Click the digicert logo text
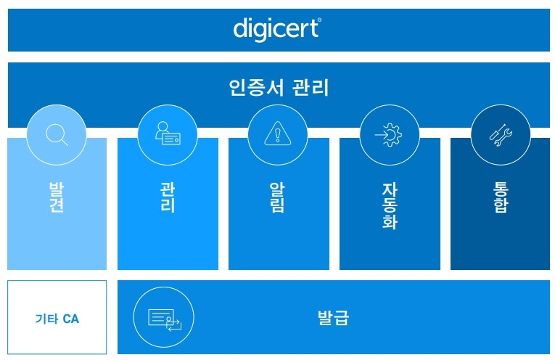(277, 29)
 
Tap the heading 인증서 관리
(279, 87)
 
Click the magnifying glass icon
(57, 134)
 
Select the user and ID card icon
(168, 133)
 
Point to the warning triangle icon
(278, 134)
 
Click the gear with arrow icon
(389, 134)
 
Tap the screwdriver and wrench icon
(501, 135)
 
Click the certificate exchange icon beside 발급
(165, 320)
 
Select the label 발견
(57, 197)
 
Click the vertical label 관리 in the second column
(168, 197)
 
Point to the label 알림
(278, 197)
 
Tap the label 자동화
(390, 205)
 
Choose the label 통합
(501, 197)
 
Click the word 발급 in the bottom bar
(333, 317)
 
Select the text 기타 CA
(57, 319)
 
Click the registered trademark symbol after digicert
(320, 20)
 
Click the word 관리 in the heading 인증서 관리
(311, 87)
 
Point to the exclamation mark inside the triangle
(278, 135)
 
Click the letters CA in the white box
(70, 319)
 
